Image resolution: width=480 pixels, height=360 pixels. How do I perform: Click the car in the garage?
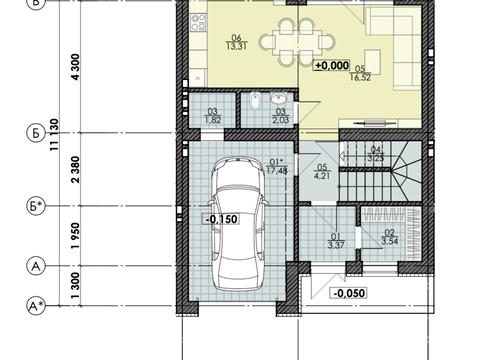pyautogui.click(x=237, y=224)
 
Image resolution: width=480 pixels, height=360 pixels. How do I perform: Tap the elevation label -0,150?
pyautogui.click(x=222, y=219)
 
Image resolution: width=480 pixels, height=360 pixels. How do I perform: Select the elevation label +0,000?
pyautogui.click(x=332, y=65)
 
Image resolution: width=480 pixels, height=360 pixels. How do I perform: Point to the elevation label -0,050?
pyautogui.click(x=349, y=293)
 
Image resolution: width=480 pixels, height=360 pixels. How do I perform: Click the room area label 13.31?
pyautogui.click(x=236, y=46)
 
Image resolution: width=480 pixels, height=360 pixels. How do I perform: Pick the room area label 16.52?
pyautogui.click(x=360, y=78)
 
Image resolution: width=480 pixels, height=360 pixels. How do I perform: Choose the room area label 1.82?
pyautogui.click(x=213, y=120)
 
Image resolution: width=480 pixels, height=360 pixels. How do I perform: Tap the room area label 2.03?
pyautogui.click(x=281, y=120)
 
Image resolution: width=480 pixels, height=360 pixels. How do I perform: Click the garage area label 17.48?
pyautogui.click(x=277, y=171)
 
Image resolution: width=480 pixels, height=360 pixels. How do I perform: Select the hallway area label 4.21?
pyautogui.click(x=322, y=175)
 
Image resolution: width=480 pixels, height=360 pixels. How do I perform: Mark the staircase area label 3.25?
pyautogui.click(x=376, y=158)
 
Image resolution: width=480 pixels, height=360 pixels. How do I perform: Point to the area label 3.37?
pyautogui.click(x=336, y=245)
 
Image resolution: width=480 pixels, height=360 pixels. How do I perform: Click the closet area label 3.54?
pyautogui.click(x=390, y=241)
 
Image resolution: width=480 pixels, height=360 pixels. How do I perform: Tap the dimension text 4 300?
pyautogui.click(x=76, y=67)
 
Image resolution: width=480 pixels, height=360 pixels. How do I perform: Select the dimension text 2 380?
pyautogui.click(x=76, y=169)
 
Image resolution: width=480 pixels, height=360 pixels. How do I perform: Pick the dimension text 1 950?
pyautogui.click(x=76, y=236)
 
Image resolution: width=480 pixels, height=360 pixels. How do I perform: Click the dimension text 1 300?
pyautogui.click(x=76, y=285)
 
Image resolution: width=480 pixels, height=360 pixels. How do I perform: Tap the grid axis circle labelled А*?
pyautogui.click(x=36, y=305)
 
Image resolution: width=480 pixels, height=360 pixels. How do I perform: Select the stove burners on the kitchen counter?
pyautogui.click(x=198, y=21)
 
